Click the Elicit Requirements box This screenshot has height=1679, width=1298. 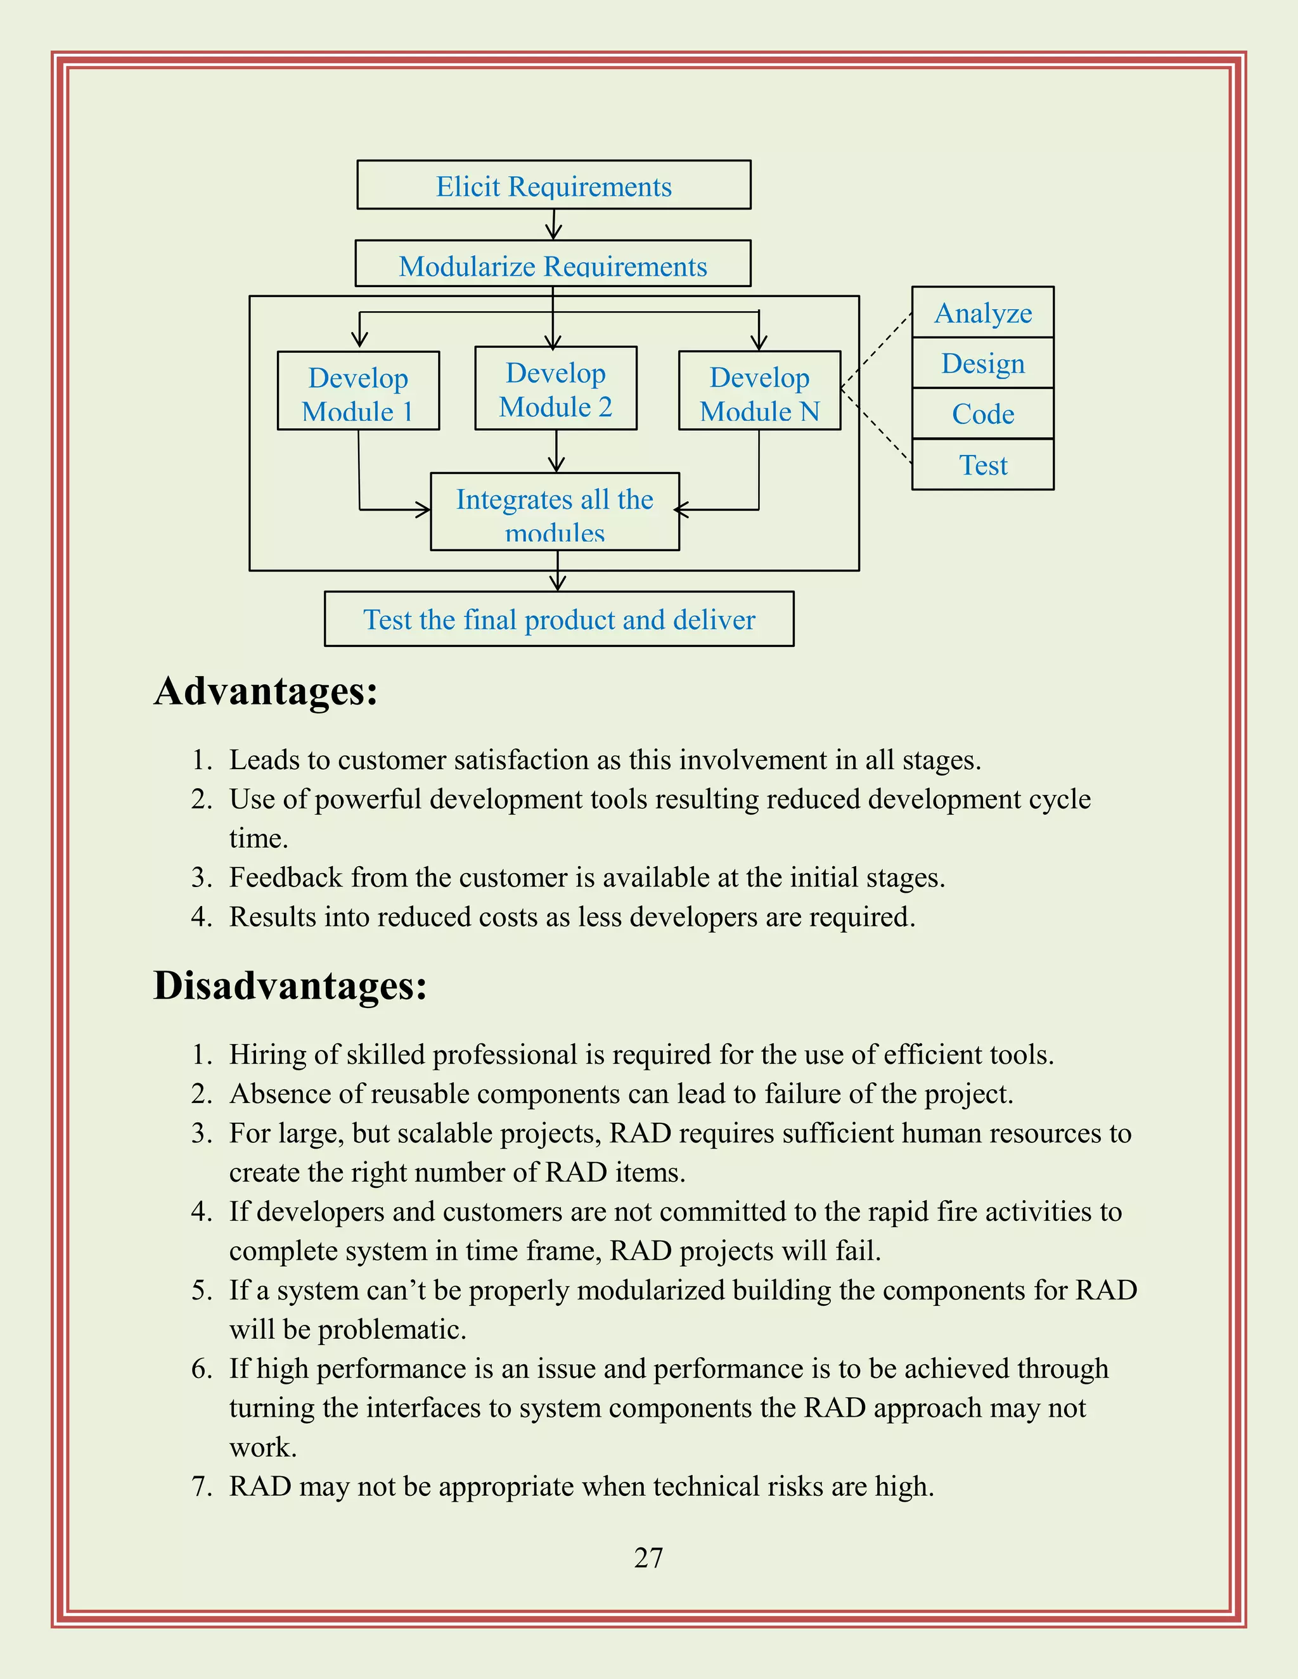click(x=554, y=185)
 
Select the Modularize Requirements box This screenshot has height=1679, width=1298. click(x=553, y=264)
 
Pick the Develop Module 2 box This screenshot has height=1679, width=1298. click(x=556, y=389)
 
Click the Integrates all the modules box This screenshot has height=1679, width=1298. click(x=555, y=512)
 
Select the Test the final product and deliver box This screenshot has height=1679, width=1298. click(x=559, y=620)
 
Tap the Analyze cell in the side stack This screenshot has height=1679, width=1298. click(x=983, y=313)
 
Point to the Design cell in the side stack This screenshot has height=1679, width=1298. click(x=983, y=363)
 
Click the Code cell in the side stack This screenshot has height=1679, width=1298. click(x=983, y=414)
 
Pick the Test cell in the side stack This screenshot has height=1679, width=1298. click(x=983, y=465)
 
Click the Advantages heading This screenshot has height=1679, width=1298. click(x=266, y=691)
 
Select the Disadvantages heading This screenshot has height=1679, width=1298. click(x=290, y=985)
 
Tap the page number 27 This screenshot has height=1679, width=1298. click(x=648, y=1557)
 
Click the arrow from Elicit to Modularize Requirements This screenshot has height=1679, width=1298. click(x=554, y=224)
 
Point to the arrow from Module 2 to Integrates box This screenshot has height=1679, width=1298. click(x=556, y=451)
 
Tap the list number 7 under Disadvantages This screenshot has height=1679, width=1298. click(x=201, y=1486)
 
